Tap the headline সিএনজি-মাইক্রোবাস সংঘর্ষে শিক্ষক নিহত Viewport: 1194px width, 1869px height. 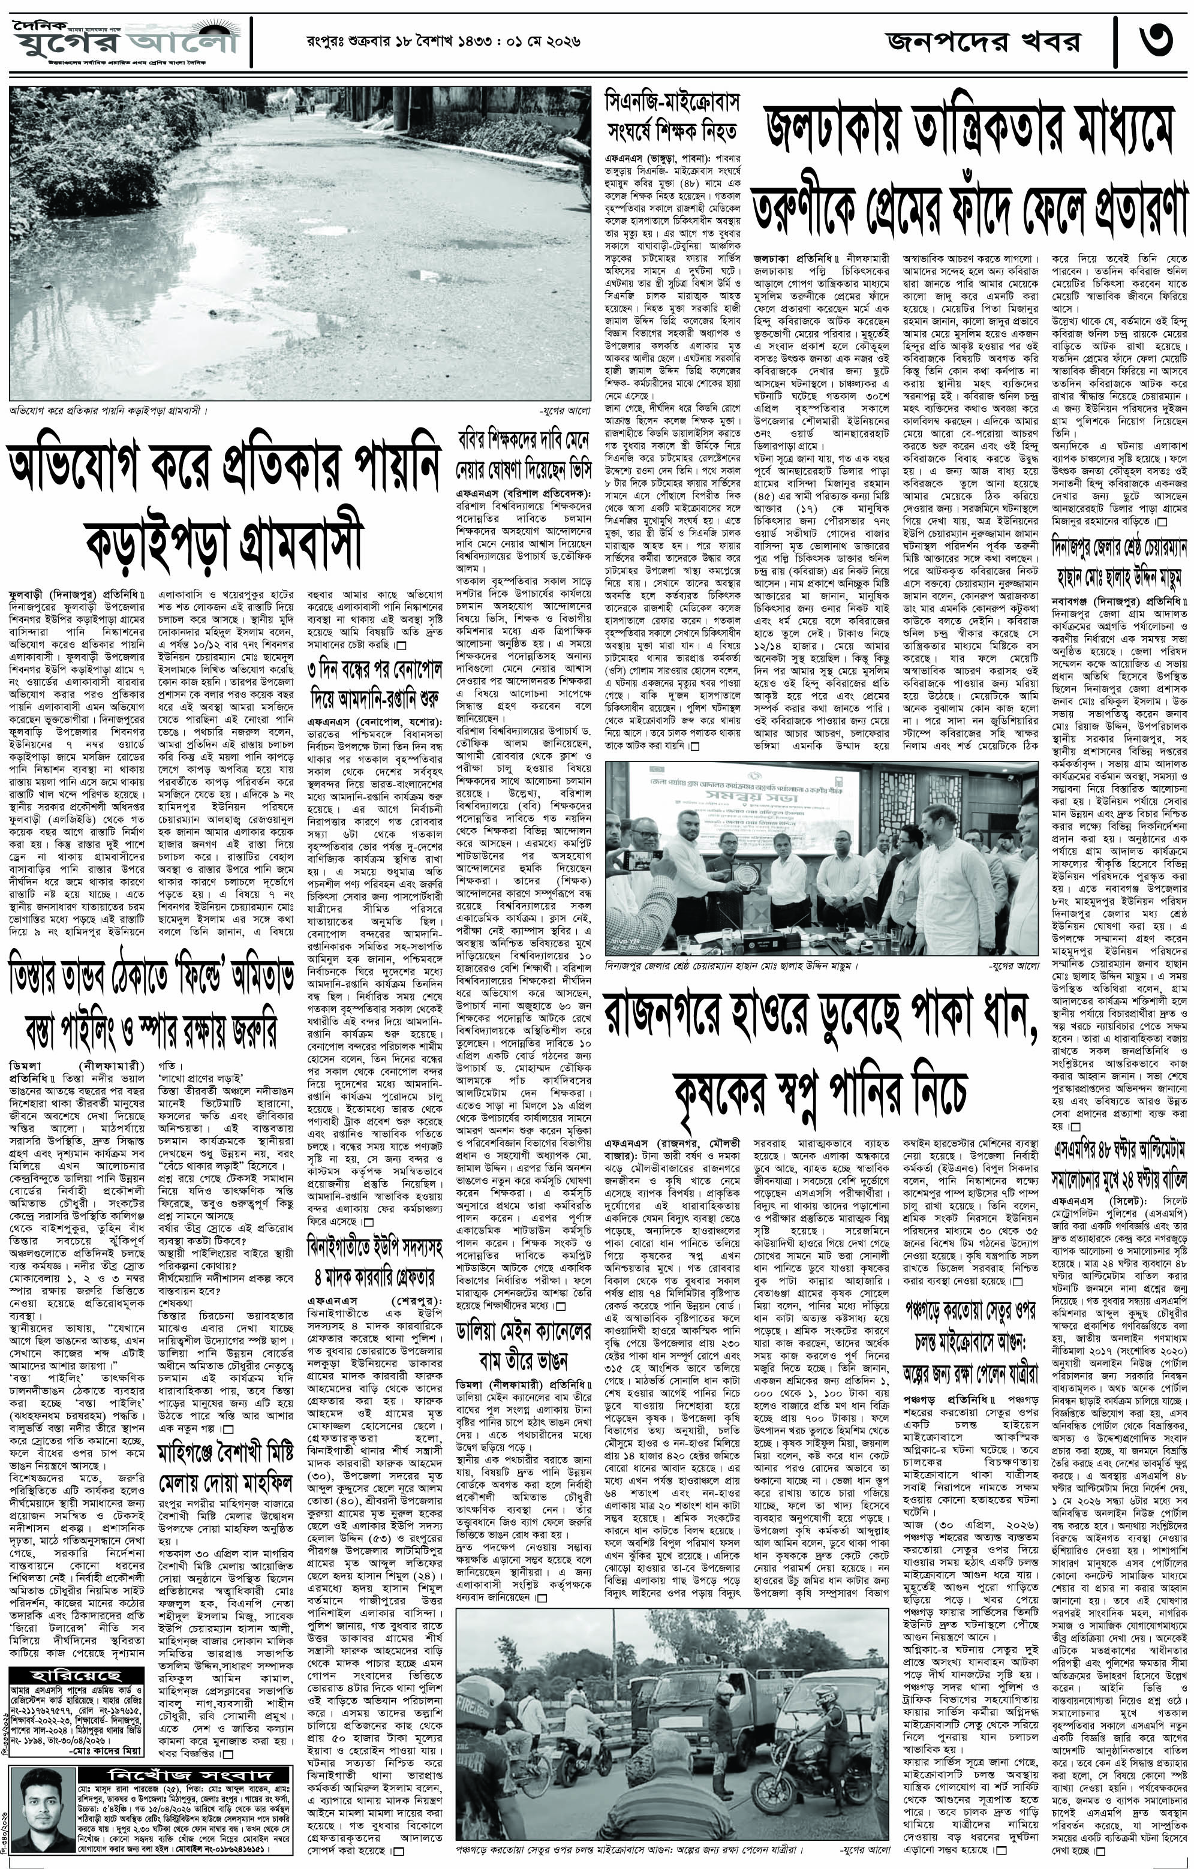point(672,116)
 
